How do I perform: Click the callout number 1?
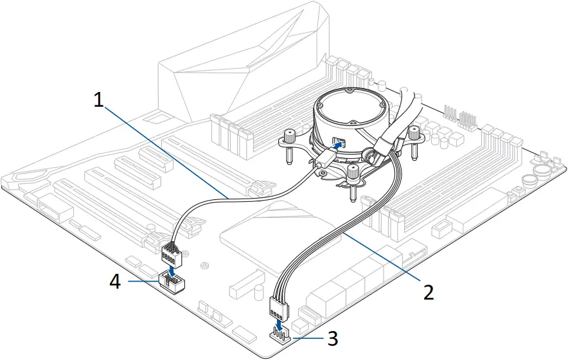tap(98, 100)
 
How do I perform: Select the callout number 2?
tap(427, 291)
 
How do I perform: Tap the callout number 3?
tap(331, 337)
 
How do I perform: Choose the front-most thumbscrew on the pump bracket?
tap(352, 172)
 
